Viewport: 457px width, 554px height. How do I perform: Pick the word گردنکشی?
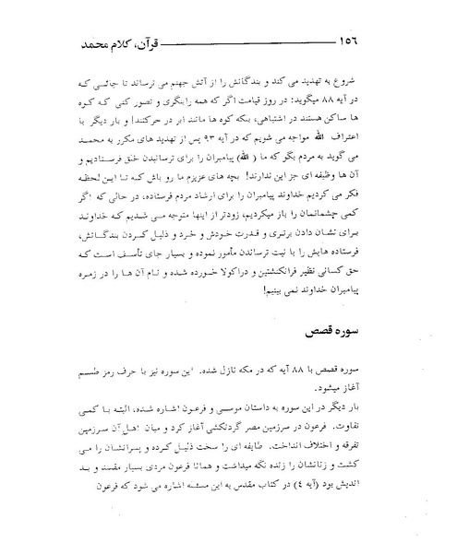tap(214, 427)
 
